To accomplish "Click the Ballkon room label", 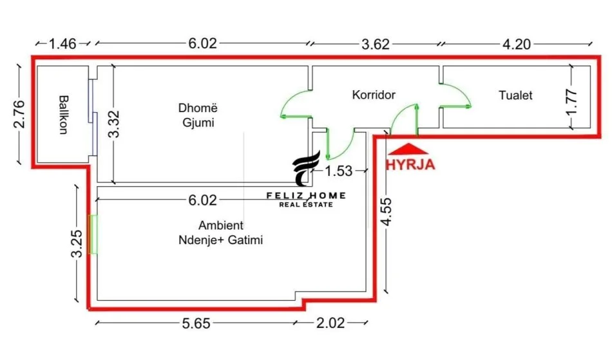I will [x=63, y=115].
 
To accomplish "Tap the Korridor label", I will [x=374, y=95].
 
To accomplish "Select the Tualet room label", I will [x=515, y=95].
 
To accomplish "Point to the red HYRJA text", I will [x=410, y=164].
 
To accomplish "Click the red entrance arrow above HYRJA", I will [x=404, y=147].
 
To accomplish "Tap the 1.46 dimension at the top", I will [x=62, y=44].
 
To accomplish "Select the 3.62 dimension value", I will [x=376, y=44].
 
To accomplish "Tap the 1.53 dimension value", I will [x=338, y=171].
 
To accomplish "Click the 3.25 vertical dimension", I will [x=76, y=244].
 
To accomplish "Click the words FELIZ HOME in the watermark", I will [x=306, y=195].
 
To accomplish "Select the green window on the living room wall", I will [x=94, y=234].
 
